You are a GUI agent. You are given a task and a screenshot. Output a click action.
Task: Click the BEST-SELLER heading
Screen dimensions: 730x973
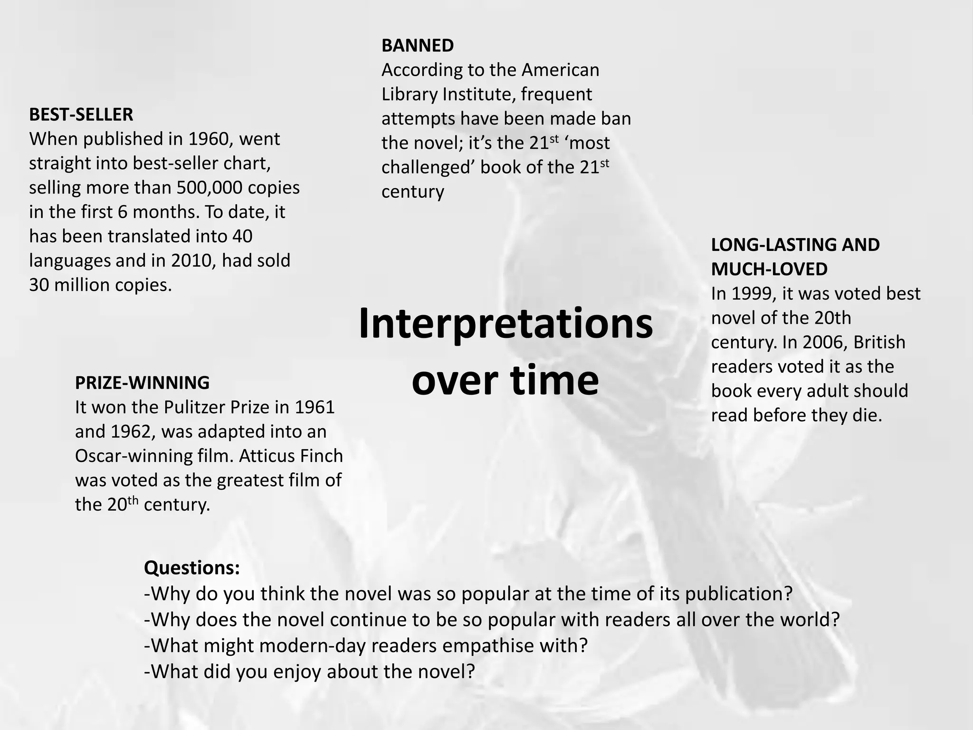[x=81, y=115]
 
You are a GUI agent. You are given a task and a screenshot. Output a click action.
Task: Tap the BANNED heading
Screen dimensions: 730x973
[x=418, y=46]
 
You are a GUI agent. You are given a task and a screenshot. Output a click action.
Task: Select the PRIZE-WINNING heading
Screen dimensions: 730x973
[x=142, y=383]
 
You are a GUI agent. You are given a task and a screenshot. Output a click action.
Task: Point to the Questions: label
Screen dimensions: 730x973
[x=192, y=568]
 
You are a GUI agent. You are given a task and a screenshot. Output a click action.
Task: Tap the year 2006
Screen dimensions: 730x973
[x=825, y=343]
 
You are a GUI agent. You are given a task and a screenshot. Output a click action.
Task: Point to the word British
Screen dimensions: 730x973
[x=879, y=343]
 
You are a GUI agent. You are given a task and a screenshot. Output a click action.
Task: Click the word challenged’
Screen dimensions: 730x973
[x=428, y=168]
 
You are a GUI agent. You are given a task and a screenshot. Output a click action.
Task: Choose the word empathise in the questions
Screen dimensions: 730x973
[x=487, y=646]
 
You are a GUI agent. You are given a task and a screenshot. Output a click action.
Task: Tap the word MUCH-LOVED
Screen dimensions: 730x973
[x=769, y=269]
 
